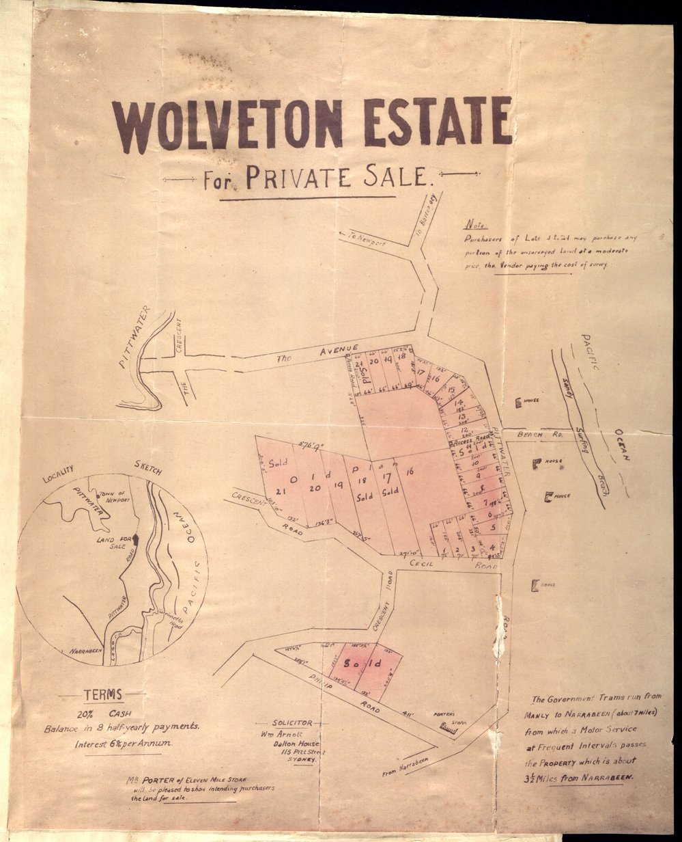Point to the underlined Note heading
(472, 225)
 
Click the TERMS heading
(102, 695)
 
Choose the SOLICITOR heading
(292, 722)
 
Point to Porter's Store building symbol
(449, 729)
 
